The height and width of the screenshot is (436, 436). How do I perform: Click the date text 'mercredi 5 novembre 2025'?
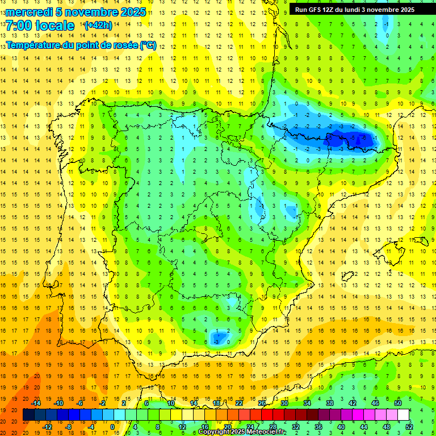[76, 12]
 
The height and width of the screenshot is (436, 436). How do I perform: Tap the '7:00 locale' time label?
[40, 26]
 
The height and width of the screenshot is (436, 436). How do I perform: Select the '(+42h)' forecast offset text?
[98, 25]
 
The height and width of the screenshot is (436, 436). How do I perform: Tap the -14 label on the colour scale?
[36, 403]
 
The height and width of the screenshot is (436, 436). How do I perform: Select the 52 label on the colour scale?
[409, 427]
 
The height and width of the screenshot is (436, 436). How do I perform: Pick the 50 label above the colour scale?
[398, 403]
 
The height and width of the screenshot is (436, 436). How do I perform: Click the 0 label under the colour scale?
[112, 427]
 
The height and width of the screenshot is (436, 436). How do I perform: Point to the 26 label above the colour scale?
[262, 403]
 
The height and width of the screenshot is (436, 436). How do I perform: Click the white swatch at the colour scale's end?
[404, 415]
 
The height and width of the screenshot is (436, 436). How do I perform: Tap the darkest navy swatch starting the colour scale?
[28, 415]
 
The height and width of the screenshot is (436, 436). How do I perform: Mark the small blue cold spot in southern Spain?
[217, 338]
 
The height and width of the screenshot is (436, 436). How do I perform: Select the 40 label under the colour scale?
[341, 427]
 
